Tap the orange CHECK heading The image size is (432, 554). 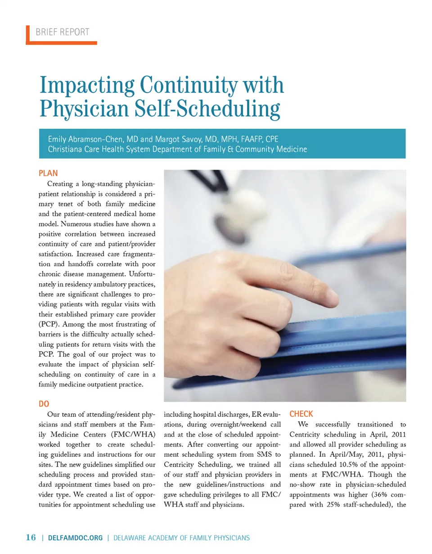click(x=301, y=414)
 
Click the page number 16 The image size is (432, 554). click(x=31, y=538)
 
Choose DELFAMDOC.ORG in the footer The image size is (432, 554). click(x=75, y=538)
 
